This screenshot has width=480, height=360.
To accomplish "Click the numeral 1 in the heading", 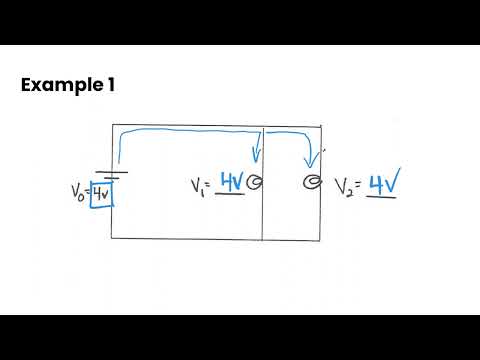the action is coord(111,85).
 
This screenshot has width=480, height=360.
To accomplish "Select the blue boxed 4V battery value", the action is coord(102,194).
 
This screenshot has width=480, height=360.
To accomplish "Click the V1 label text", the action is coord(198,187).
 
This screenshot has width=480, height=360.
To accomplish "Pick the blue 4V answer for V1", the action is coord(232,182).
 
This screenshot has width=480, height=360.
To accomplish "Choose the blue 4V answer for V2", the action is coord(384,182).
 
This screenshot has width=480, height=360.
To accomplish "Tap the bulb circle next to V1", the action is coord(254,182).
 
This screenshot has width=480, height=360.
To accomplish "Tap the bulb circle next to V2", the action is coord(313,182).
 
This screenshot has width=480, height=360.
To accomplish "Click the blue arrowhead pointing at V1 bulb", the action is coord(256,155).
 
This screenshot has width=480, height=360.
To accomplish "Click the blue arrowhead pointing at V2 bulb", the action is coord(311,161).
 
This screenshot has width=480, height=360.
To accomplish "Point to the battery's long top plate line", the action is coord(112,172).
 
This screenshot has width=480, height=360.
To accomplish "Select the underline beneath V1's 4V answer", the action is coord(230,194).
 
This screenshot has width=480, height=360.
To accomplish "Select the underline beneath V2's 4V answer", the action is coord(381,197).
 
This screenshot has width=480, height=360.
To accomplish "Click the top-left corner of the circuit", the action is coord(112,125).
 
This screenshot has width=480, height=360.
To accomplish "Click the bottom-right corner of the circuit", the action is coord(320,240).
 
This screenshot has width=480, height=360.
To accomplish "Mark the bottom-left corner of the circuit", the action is coord(111,238).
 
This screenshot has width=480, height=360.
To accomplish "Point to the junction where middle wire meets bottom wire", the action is coord(263,239).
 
